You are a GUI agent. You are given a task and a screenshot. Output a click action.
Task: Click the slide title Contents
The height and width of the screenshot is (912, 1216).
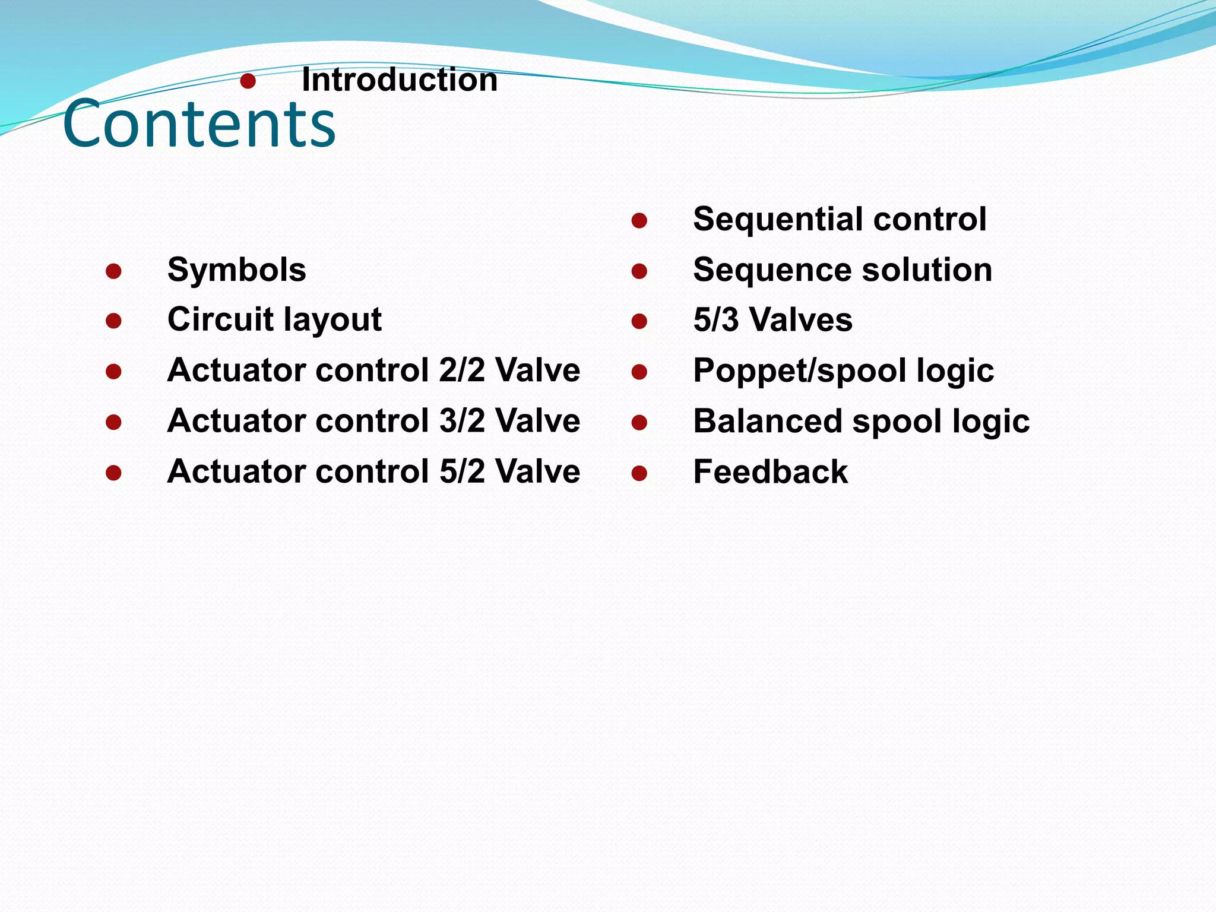click(199, 123)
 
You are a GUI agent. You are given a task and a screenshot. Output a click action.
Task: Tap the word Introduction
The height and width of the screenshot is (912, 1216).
click(400, 80)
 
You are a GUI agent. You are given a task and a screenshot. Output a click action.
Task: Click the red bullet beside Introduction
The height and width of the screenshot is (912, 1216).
click(248, 81)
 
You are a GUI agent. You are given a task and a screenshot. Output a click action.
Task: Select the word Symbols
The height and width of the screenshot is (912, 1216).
click(236, 270)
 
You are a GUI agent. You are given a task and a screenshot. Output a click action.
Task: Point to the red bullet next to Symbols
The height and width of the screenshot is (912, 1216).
click(113, 271)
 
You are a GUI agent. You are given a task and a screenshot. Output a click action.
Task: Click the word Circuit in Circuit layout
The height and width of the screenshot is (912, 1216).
click(220, 319)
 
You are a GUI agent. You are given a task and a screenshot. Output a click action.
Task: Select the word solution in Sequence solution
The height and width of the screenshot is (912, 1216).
click(927, 270)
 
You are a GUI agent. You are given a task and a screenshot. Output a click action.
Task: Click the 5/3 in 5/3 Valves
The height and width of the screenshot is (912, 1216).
click(716, 320)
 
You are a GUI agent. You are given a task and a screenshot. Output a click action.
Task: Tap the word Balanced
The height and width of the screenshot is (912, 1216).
click(767, 421)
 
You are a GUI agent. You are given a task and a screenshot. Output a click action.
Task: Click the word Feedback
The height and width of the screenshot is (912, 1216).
click(770, 472)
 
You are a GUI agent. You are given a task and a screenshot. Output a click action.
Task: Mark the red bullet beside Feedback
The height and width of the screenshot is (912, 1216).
click(639, 473)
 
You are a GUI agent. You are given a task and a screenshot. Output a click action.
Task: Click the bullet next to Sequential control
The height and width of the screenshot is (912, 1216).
click(639, 221)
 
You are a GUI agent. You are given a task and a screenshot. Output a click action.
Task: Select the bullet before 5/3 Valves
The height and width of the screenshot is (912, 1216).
click(639, 322)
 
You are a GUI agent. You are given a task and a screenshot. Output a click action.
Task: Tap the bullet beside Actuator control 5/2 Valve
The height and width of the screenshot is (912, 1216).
click(113, 473)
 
